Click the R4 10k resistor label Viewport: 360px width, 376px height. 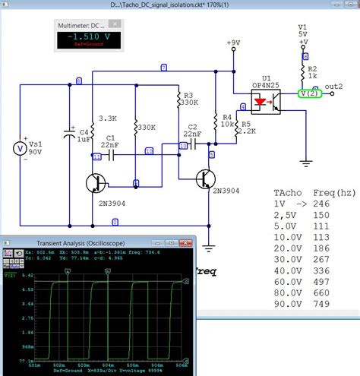click(226, 122)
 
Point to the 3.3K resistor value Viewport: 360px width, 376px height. click(108, 119)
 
